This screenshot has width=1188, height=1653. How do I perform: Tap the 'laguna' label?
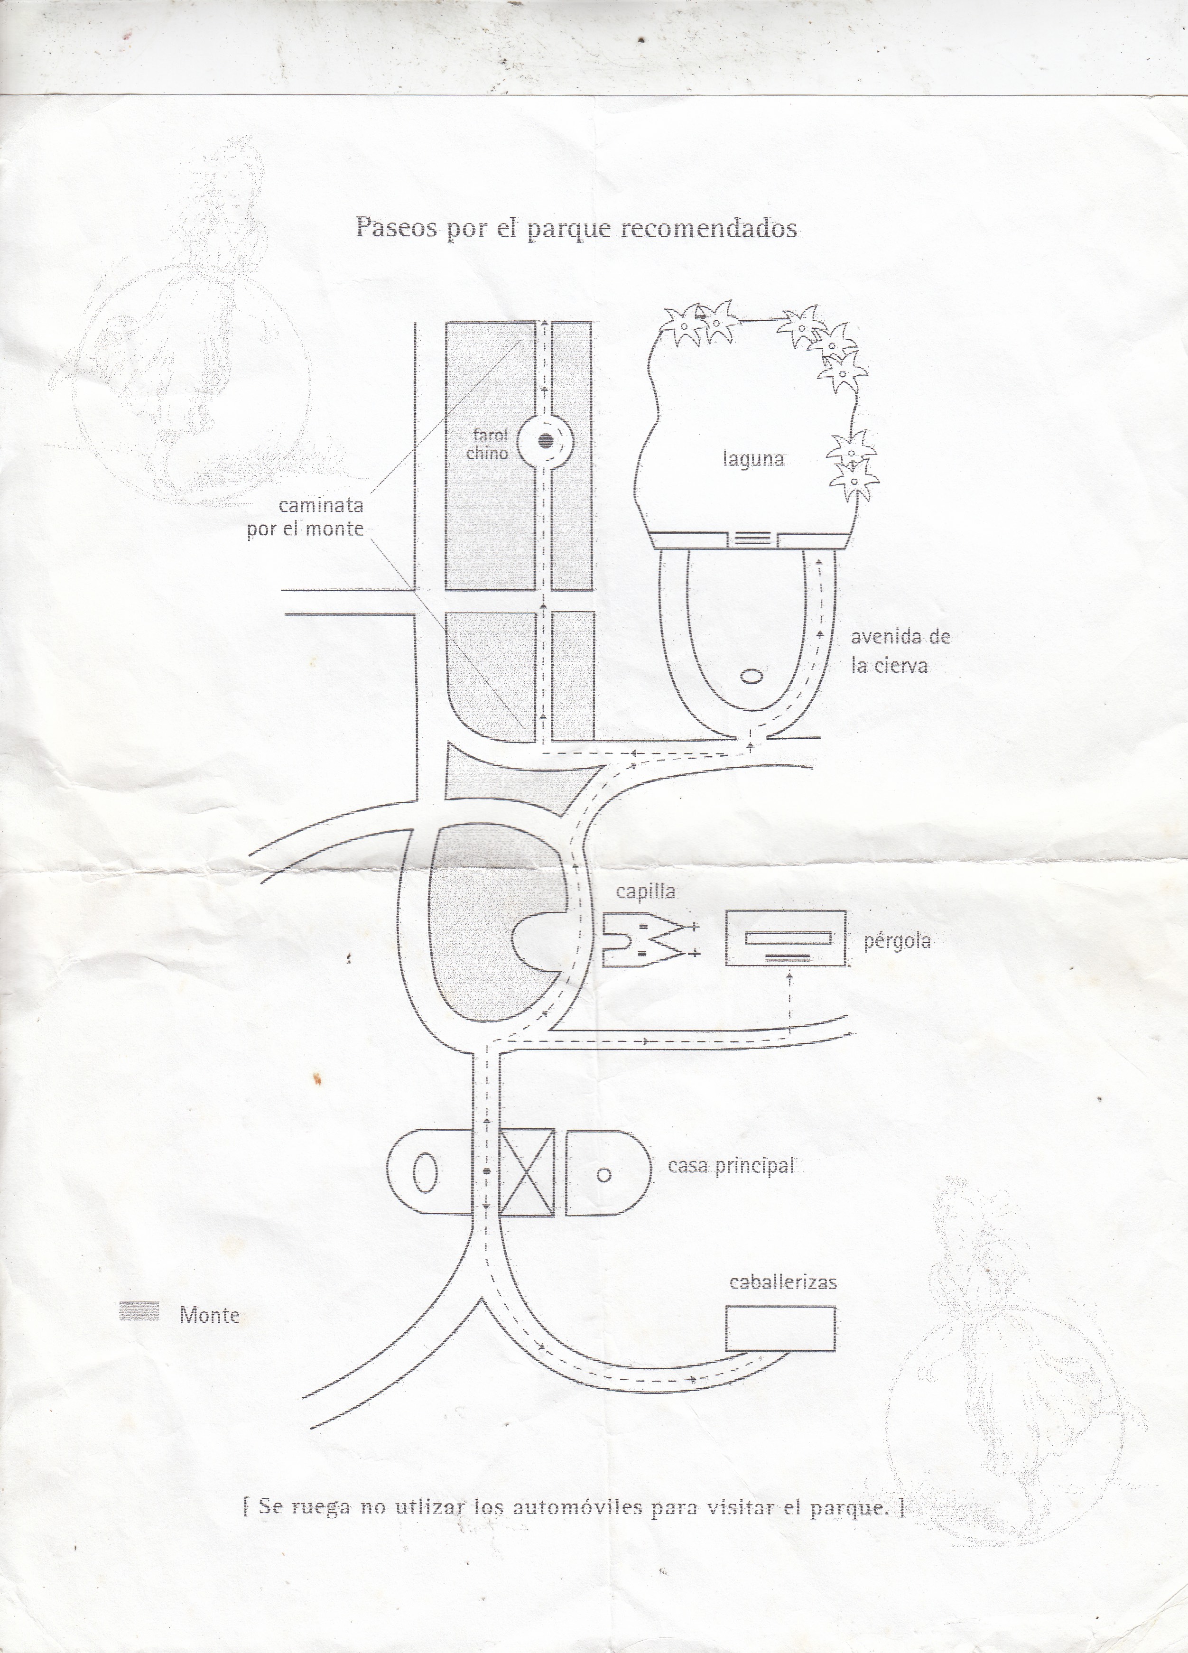[x=753, y=459]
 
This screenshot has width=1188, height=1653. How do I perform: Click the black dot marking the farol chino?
[x=545, y=441]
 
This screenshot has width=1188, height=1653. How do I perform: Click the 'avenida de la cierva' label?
[x=900, y=651]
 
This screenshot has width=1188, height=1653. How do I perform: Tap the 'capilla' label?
[x=646, y=892]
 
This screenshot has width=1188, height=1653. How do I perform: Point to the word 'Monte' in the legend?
[x=209, y=1315]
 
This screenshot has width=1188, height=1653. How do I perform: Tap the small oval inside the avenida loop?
[x=752, y=677]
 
